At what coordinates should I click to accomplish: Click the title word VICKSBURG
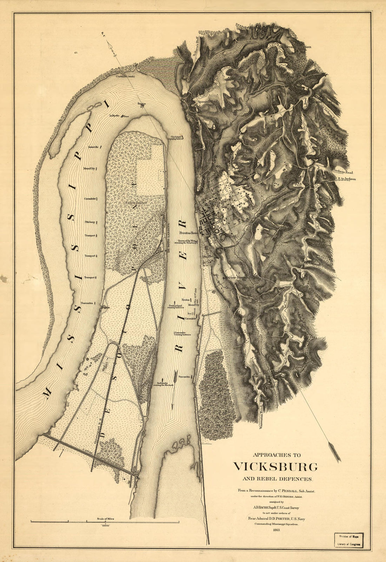coord(275,467)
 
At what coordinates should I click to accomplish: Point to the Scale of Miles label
coord(106,519)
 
